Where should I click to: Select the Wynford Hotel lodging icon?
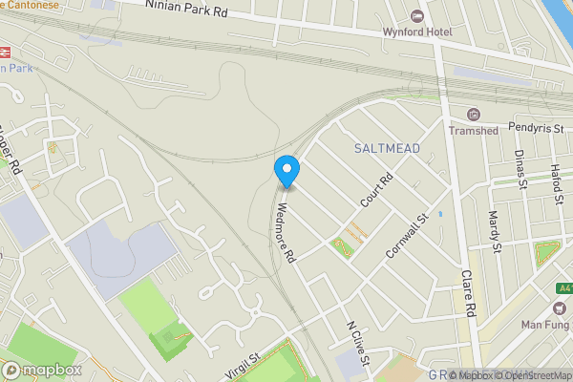pyautogui.click(x=415, y=16)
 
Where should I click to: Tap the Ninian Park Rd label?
pyautogui.click(x=186, y=10)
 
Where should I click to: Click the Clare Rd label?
pyautogui.click(x=468, y=292)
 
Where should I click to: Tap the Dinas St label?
pyautogui.click(x=520, y=169)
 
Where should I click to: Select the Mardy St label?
pyautogui.click(x=495, y=232)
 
